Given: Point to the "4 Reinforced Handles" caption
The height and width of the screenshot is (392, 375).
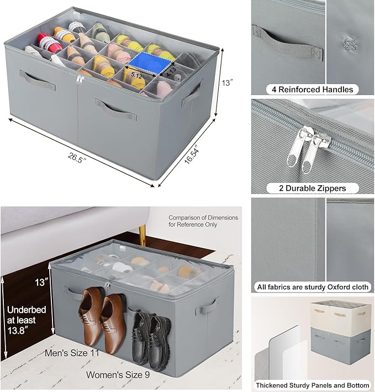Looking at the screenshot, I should click(x=312, y=89).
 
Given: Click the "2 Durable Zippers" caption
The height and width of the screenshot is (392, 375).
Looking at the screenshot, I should click(x=312, y=189).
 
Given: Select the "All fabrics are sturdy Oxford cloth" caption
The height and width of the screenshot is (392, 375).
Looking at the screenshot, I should click(x=312, y=287).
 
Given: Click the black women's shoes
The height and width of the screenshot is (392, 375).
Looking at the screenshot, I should click(x=146, y=332).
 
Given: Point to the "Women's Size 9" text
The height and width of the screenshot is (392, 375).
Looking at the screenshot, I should click(x=117, y=374).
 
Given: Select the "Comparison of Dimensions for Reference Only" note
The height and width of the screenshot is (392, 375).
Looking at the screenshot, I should click(x=203, y=221).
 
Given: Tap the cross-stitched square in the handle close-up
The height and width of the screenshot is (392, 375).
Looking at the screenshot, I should click(x=349, y=43).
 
